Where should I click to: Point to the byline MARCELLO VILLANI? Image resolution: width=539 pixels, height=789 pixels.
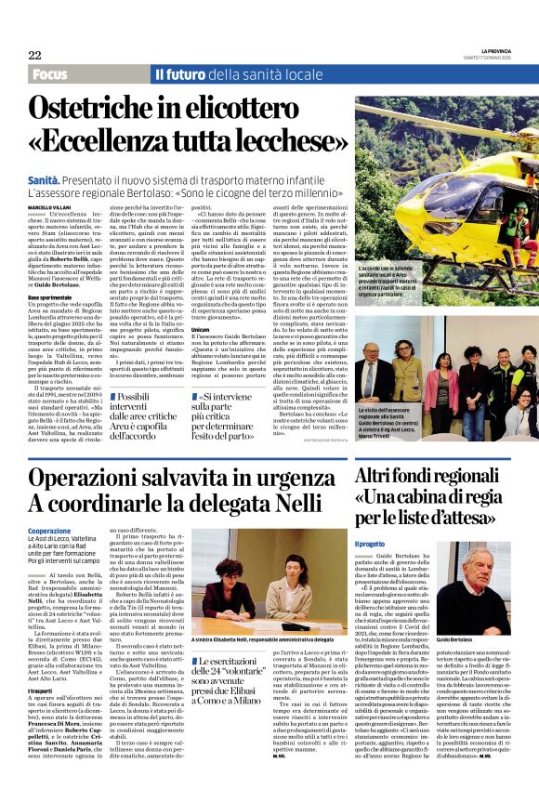coord(49,208)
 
